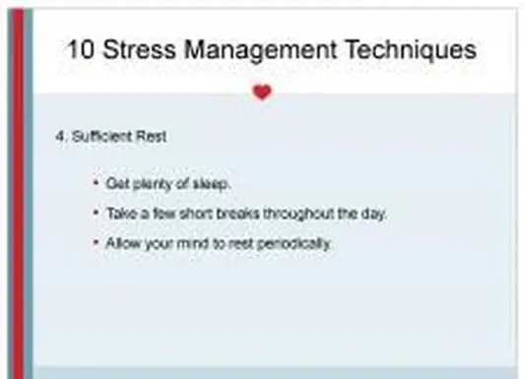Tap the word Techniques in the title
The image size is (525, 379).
(x=418, y=50)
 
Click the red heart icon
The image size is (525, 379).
(x=261, y=93)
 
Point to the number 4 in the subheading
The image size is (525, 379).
(x=59, y=137)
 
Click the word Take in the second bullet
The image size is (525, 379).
(x=119, y=214)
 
